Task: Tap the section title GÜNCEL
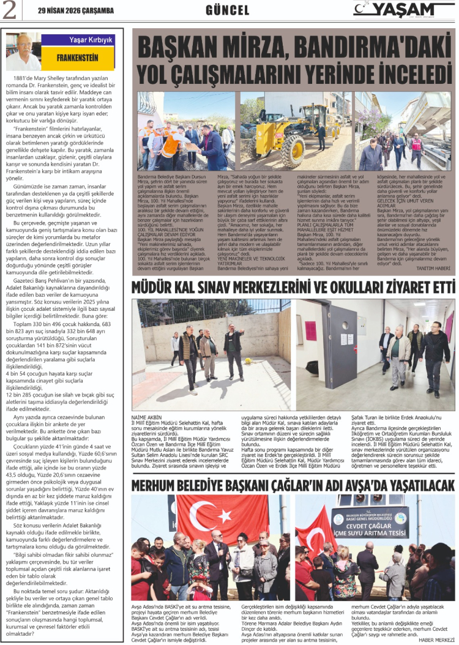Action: pos(227,10)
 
